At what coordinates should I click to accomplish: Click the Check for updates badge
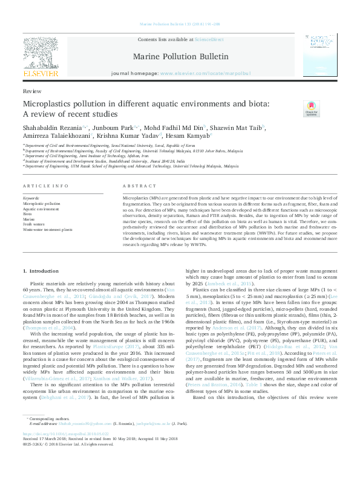coord(311,109)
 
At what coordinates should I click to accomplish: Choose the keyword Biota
coord(27,213)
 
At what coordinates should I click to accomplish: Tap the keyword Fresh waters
coord(33,224)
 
